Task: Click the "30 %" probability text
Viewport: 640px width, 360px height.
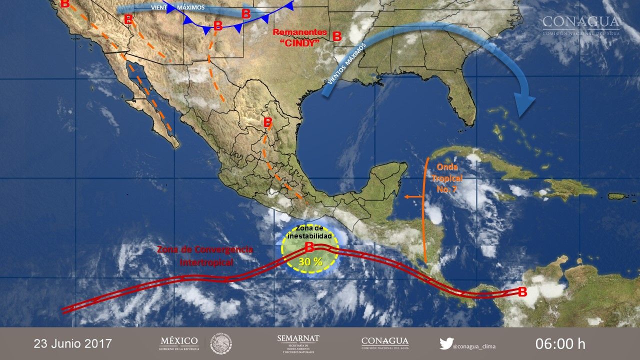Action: pyautogui.click(x=310, y=261)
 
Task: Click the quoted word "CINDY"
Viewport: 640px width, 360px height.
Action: pyautogui.click(x=302, y=43)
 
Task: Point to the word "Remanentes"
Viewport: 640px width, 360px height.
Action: pyautogui.click(x=300, y=32)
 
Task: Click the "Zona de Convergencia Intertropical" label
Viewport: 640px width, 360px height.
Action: pyautogui.click(x=205, y=255)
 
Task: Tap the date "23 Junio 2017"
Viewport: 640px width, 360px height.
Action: pyautogui.click(x=73, y=343)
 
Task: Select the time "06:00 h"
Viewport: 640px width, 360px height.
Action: pyautogui.click(x=560, y=343)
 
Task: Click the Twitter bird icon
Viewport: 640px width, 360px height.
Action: pyautogui.click(x=446, y=344)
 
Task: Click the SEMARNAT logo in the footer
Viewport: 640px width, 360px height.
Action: pyautogui.click(x=298, y=343)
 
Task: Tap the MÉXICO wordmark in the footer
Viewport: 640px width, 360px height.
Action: pyautogui.click(x=179, y=341)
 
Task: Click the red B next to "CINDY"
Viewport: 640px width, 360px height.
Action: pyautogui.click(x=337, y=36)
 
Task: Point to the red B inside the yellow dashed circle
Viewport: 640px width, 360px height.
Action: pyautogui.click(x=309, y=246)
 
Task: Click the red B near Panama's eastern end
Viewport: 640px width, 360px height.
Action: pyautogui.click(x=522, y=292)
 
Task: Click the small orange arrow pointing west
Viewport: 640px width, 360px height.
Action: pyautogui.click(x=413, y=197)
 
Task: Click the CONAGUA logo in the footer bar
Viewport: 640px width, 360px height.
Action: pyautogui.click(x=385, y=343)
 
